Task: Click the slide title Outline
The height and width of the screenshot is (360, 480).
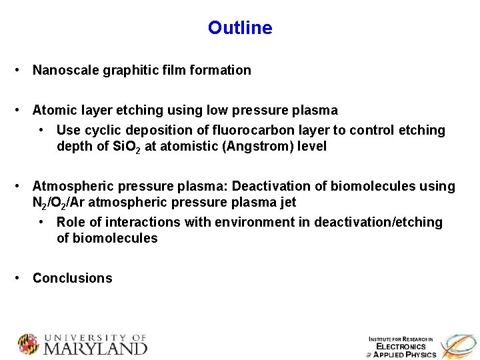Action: pyautogui.click(x=240, y=28)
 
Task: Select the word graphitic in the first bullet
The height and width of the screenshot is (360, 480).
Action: pyautogui.click(x=129, y=70)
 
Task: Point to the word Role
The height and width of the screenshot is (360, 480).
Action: pyautogui.click(x=71, y=222)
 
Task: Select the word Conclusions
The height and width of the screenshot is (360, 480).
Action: pyautogui.click(x=73, y=278)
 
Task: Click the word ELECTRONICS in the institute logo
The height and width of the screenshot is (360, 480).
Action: pyautogui.click(x=401, y=347)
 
